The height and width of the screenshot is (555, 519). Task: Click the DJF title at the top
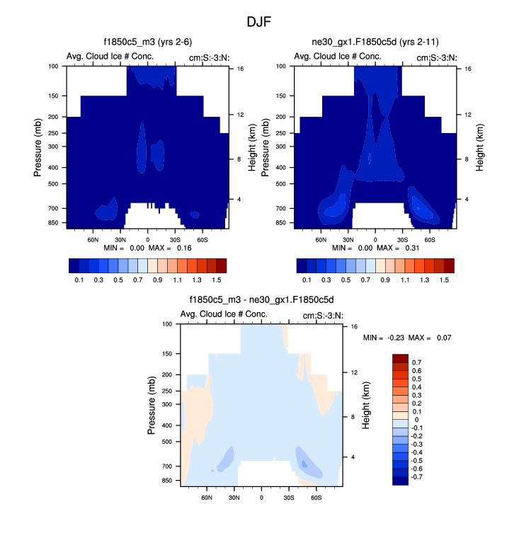tap(259, 21)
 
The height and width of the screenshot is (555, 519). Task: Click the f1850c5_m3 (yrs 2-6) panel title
tap(147, 42)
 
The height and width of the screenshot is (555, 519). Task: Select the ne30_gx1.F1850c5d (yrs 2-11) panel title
tap(375, 42)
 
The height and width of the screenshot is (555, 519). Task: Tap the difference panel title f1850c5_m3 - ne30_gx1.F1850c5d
tap(261, 300)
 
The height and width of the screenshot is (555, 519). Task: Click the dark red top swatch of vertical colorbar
tap(400, 358)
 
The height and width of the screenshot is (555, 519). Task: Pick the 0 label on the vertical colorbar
tap(416, 420)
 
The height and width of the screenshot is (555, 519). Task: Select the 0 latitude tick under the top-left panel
tap(147, 239)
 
